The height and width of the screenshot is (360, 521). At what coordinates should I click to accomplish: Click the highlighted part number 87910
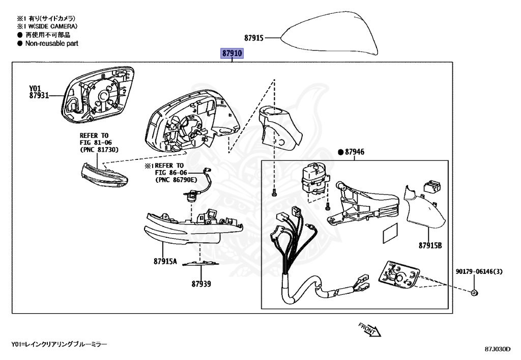coord(232,53)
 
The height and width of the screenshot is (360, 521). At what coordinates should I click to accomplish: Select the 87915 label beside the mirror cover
coord(253,38)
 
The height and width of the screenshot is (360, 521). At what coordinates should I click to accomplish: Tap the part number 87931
coord(39,95)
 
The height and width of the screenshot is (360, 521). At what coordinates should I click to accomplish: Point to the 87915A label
coord(165,262)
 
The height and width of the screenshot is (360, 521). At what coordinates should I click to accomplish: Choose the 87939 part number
coord(201,284)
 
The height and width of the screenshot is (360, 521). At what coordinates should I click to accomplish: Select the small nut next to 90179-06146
coord(474,293)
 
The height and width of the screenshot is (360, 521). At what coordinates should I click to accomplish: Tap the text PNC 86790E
coord(175,180)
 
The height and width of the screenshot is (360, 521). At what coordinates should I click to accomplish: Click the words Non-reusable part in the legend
coord(52,44)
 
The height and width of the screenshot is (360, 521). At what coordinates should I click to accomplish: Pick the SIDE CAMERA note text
coord(53,26)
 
